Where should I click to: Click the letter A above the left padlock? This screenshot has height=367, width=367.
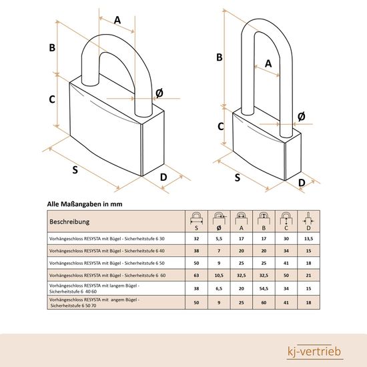117,20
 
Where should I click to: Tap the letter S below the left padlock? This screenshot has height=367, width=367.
75,170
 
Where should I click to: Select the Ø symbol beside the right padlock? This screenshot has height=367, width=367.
302,116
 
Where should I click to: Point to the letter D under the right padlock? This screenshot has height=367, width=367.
302,183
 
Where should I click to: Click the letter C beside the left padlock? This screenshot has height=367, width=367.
52,99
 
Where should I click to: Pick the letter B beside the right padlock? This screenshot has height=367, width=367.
220,57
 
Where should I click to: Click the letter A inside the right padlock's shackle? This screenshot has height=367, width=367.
268,63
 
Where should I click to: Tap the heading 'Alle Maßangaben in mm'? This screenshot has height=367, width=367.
85,204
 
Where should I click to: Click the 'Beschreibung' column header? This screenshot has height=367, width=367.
69,222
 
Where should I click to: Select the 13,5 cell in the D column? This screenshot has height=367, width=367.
308,238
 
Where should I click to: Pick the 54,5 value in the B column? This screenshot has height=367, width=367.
264,288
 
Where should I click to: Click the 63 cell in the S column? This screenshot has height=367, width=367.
196,275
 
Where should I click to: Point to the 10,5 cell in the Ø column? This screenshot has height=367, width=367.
219,275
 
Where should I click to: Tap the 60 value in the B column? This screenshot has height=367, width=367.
264,302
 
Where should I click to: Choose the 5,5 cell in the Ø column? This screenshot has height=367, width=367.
219,238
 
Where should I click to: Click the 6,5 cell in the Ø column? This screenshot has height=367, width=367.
219,288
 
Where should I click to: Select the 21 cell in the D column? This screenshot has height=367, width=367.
308,275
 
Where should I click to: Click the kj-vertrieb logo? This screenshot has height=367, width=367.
314,352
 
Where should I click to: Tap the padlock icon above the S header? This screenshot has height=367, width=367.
196,218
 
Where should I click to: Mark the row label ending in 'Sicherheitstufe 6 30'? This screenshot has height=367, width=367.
107,239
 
